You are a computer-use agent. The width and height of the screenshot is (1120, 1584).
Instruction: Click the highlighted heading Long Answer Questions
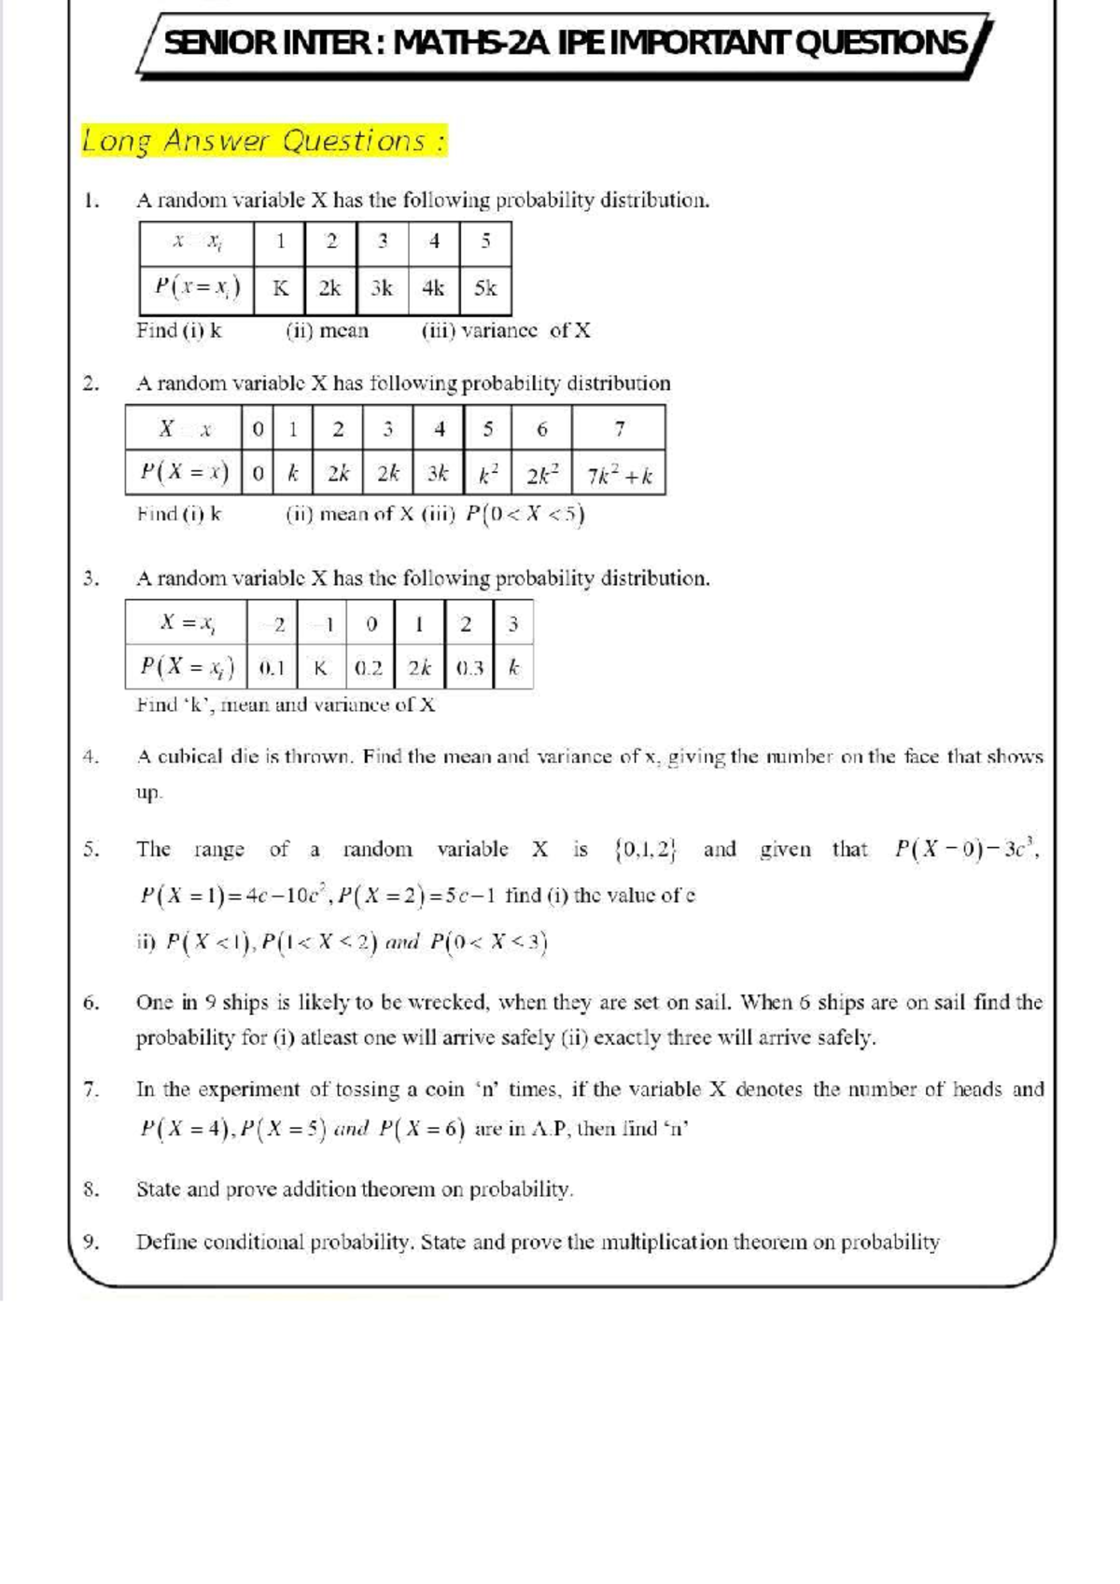coord(264,141)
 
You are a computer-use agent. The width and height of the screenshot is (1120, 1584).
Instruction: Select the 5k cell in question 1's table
coord(485,288)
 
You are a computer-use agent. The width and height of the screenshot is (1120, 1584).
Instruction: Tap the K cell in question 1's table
coord(280,288)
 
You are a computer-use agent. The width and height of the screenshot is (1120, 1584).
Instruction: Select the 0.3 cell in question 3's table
coord(470,668)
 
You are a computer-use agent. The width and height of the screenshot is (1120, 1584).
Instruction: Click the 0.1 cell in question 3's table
coord(272,668)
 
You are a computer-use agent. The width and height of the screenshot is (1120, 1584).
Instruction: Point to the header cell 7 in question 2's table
coord(619,429)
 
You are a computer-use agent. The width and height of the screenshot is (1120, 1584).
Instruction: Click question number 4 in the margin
coord(91,757)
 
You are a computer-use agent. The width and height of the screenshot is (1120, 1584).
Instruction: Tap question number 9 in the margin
coord(91,1242)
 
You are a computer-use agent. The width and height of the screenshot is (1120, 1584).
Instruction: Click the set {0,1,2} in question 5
coord(646,850)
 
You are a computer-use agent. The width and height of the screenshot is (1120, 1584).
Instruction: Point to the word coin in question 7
coord(444,1090)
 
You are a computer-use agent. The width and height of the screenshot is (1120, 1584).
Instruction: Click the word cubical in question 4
coord(190,757)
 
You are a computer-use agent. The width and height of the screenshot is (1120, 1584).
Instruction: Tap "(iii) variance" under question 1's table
coord(480,330)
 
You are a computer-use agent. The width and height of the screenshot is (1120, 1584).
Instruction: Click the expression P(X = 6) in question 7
coord(422,1130)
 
